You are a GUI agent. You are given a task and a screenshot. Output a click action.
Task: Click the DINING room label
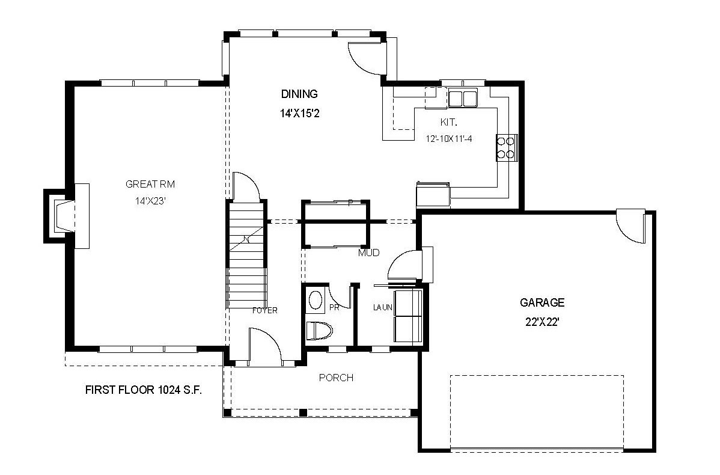click(x=299, y=94)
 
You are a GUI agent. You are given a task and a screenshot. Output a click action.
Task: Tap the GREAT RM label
click(x=150, y=184)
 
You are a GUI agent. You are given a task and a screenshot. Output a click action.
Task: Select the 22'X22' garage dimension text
click(x=542, y=322)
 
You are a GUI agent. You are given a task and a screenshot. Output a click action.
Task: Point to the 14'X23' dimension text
click(x=150, y=201)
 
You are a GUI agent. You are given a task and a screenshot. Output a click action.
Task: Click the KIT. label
click(x=448, y=122)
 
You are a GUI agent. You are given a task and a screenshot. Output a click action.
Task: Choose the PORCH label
click(x=336, y=378)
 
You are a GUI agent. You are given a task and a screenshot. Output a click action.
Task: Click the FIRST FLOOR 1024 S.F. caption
click(x=144, y=390)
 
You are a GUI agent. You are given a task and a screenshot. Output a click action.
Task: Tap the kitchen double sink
click(x=463, y=99)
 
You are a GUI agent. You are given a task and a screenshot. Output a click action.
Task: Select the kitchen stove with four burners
click(x=507, y=147)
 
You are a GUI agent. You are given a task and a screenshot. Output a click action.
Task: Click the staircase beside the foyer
click(x=246, y=254)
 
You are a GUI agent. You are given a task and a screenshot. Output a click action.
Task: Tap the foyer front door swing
click(x=264, y=346)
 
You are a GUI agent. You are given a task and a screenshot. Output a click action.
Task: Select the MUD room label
click(x=369, y=253)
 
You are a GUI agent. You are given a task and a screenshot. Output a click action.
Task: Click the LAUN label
click(x=382, y=307)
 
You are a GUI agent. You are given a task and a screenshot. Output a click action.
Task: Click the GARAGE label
click(x=542, y=302)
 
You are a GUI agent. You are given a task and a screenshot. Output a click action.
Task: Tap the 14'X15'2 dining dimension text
click(x=299, y=113)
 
